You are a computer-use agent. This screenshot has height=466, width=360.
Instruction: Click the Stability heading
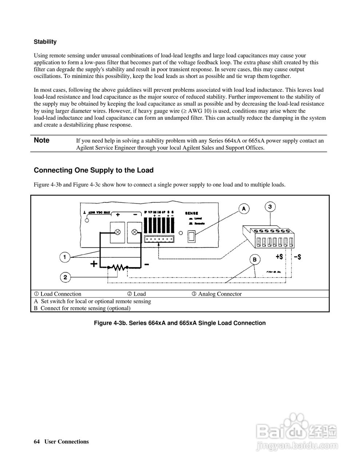coord(45,42)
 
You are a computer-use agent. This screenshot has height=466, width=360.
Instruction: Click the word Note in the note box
coord(41,141)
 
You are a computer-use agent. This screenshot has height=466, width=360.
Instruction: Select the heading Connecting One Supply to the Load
coord(94,170)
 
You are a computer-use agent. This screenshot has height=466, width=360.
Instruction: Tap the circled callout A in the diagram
coord(244,209)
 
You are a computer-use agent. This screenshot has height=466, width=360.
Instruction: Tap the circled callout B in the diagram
coord(254,260)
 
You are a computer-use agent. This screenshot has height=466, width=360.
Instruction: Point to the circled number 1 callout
coord(65,257)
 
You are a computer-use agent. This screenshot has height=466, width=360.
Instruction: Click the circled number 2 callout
coord(65,278)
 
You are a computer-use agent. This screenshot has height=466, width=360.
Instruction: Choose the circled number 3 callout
coord(270,207)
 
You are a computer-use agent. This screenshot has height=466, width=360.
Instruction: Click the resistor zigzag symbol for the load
coord(117,268)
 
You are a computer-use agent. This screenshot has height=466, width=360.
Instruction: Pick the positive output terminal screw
coord(118,232)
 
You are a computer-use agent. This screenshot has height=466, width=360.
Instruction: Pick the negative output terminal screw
coord(135,232)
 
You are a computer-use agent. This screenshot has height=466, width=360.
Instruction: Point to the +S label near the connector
coord(279,257)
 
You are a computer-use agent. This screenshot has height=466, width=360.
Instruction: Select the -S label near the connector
coord(297,257)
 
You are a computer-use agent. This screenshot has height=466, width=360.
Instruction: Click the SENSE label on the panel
coord(191,213)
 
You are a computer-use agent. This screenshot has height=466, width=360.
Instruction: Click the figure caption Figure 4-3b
coord(180,323)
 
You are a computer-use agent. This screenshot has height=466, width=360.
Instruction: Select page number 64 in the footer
coord(36,442)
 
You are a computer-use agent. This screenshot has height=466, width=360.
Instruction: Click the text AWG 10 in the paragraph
coord(198,111)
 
